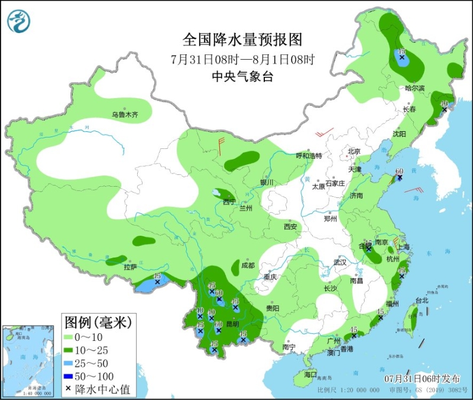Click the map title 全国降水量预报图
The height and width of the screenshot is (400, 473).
242,40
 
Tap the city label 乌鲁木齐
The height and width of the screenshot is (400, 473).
125,115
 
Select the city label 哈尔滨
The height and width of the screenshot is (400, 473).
415,88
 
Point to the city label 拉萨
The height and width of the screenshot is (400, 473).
130,267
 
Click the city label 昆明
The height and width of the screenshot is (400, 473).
232,324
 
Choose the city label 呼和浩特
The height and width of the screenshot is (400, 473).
309,156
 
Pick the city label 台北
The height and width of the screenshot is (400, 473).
422,300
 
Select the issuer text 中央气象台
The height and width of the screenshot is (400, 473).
242,76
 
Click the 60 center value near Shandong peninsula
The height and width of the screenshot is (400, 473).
399,172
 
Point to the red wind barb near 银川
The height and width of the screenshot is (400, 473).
222,145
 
